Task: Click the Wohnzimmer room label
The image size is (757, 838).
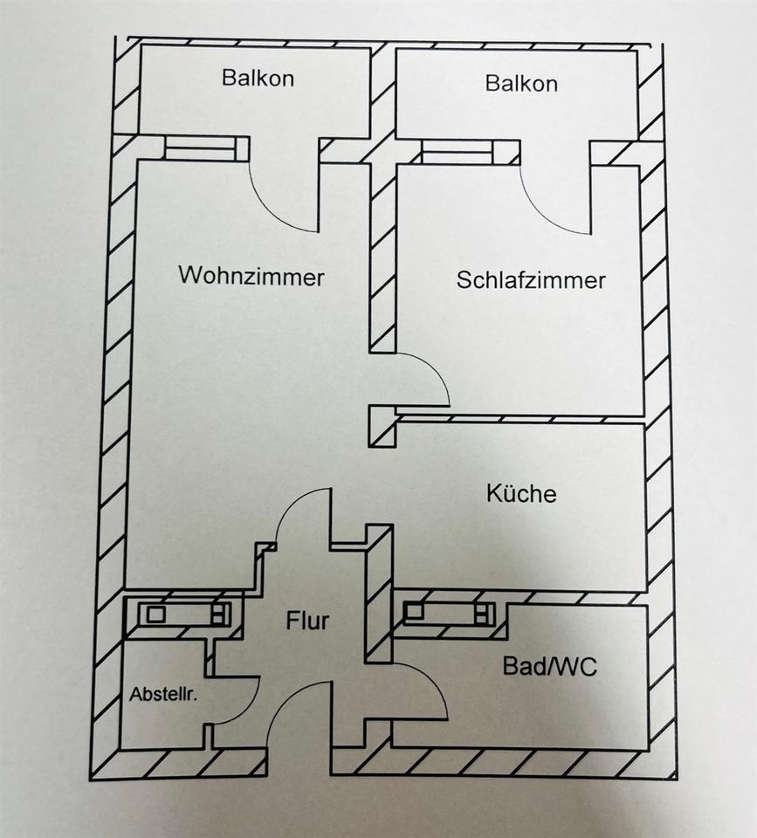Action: [251, 277]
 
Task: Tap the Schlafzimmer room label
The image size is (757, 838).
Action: [531, 280]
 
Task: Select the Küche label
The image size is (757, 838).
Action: [521, 493]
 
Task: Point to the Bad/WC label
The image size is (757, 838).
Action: [550, 667]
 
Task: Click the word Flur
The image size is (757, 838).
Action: [307, 622]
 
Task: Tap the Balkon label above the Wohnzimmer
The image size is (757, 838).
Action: [258, 78]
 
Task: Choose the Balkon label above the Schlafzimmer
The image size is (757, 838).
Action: [521, 84]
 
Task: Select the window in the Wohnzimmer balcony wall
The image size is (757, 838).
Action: [200, 149]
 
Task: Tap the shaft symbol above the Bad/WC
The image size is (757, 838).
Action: [447, 613]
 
